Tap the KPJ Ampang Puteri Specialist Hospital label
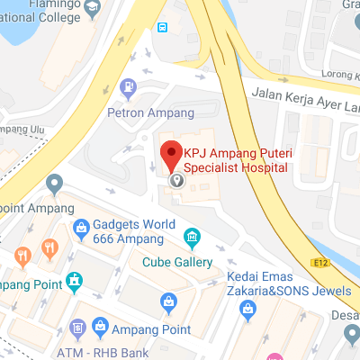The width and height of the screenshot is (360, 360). [x=236, y=159]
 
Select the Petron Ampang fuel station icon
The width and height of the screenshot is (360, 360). [x=128, y=87]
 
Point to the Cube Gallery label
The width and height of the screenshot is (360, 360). [x=177, y=263]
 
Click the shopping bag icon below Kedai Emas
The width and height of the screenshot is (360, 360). [x=247, y=309]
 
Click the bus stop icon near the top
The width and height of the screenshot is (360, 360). [x=162, y=27]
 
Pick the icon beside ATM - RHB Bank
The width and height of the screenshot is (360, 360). [x=78, y=326]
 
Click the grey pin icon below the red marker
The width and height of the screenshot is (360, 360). [x=177, y=180]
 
